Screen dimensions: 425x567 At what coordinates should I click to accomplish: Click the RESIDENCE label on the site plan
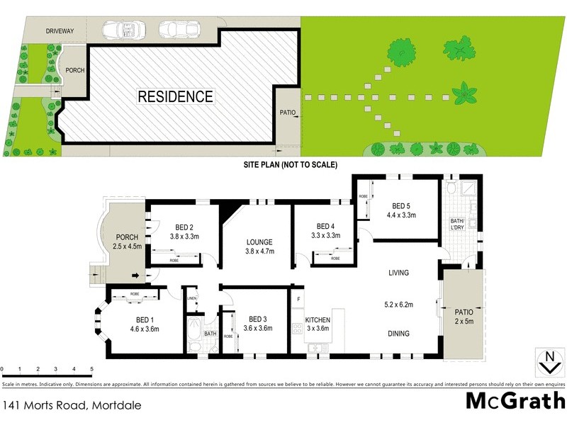(x=175, y=96)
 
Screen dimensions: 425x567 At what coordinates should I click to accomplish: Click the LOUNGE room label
(x=259, y=242)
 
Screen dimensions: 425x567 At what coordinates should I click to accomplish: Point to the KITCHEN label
(x=318, y=320)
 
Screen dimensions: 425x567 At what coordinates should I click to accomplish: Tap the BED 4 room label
(x=326, y=227)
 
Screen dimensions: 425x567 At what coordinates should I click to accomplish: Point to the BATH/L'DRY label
(x=459, y=225)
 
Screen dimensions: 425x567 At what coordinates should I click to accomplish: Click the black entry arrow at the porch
(x=135, y=276)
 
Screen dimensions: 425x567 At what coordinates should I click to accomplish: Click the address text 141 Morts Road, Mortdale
(x=72, y=406)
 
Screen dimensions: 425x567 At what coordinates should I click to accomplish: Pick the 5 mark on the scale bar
(x=91, y=369)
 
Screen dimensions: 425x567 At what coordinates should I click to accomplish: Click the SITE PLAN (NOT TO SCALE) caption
(x=290, y=164)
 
